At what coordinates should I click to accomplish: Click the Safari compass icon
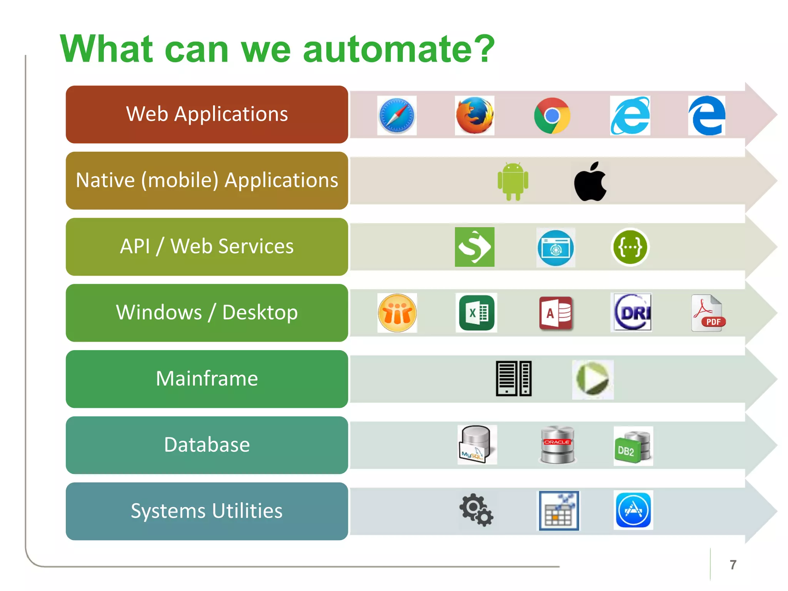pyautogui.click(x=397, y=115)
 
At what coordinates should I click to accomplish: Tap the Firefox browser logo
pyautogui.click(x=474, y=115)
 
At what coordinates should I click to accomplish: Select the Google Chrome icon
pyautogui.click(x=552, y=115)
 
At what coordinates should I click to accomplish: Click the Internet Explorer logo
pyautogui.click(x=630, y=115)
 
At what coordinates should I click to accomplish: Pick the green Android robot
pyautogui.click(x=513, y=181)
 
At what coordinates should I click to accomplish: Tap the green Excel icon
pyautogui.click(x=476, y=313)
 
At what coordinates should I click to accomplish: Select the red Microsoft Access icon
pyautogui.click(x=556, y=313)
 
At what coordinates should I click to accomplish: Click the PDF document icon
pyautogui.click(x=708, y=313)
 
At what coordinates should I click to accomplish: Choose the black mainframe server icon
pyautogui.click(x=514, y=379)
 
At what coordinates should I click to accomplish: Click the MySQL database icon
pyautogui.click(x=476, y=444)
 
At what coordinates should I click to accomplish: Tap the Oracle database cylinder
pyautogui.click(x=557, y=445)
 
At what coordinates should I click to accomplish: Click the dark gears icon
pyautogui.click(x=476, y=510)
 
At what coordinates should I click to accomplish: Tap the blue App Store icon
pyautogui.click(x=633, y=511)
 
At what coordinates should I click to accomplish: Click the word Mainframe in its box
pyautogui.click(x=207, y=379)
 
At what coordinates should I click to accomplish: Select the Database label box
pyautogui.click(x=207, y=445)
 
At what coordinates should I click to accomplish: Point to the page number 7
pyautogui.click(x=733, y=565)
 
